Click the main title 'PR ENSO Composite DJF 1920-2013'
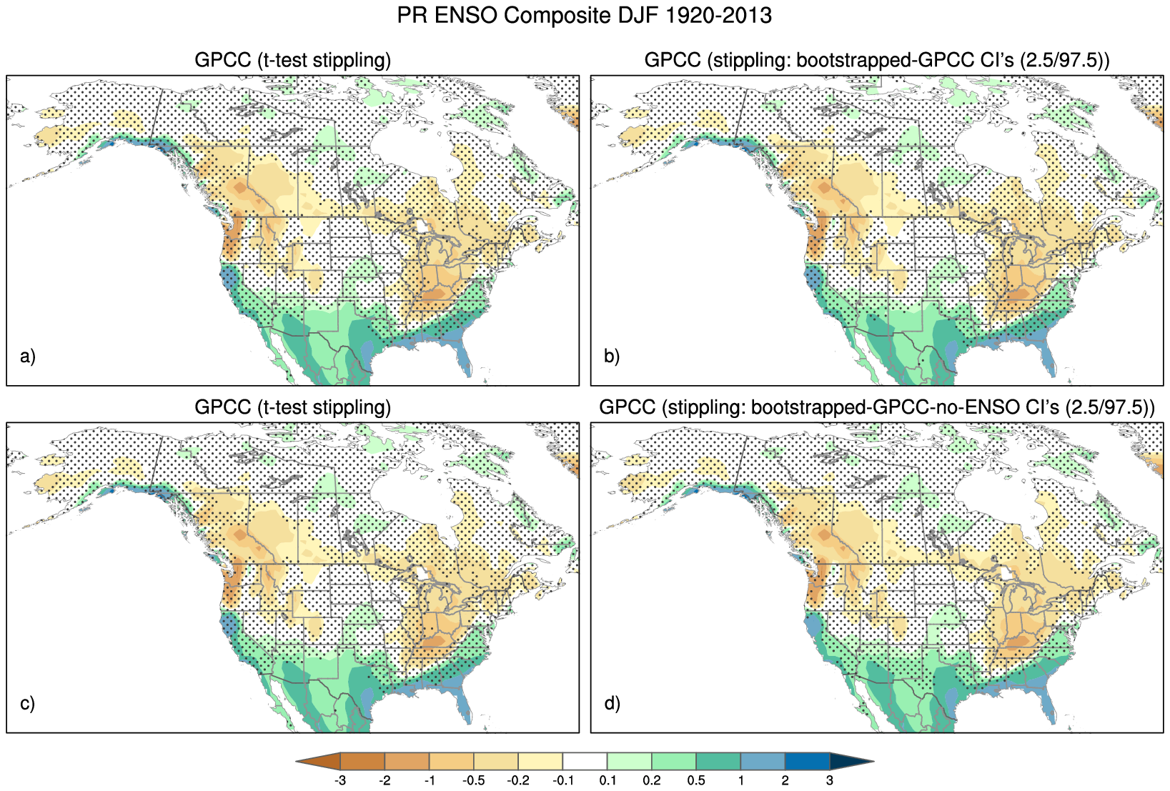(584, 16)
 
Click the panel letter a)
(28, 356)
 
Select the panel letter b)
(612, 356)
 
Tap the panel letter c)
(28, 703)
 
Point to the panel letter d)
(612, 703)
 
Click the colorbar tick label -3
(340, 780)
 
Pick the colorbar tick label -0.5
(473, 780)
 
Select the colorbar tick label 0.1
(608, 780)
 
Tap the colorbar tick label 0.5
(696, 780)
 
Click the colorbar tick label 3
(829, 780)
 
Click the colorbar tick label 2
(785, 780)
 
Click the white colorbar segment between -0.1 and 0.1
(585, 762)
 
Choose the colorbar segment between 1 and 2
(763, 762)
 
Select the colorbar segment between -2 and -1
(407, 762)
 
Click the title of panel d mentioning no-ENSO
(876, 407)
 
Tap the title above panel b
(876, 60)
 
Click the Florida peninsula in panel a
(465, 357)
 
